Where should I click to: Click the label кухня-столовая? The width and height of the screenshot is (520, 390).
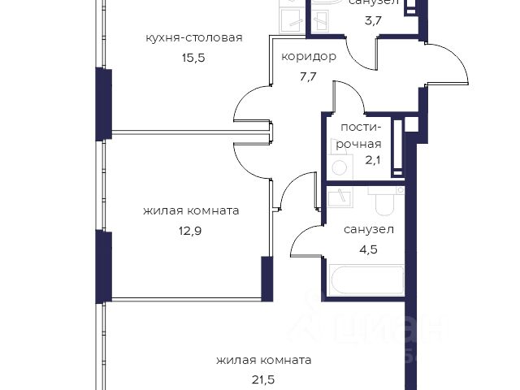194,38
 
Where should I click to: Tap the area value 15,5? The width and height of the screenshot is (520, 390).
193,58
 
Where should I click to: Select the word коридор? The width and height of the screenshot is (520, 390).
309,57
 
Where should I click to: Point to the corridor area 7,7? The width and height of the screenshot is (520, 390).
309,77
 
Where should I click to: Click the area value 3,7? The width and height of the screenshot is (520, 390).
373,20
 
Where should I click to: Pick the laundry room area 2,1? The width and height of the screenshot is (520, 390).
372,161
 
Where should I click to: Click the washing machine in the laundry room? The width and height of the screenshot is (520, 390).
340,167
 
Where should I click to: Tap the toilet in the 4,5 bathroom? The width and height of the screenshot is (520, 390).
384,201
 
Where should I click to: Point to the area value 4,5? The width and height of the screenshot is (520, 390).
368,249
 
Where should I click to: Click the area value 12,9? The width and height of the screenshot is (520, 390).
190,231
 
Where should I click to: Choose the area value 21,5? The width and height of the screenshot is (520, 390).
263,379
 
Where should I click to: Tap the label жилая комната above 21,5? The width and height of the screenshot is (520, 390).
263,360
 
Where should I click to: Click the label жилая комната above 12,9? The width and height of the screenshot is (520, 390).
191,210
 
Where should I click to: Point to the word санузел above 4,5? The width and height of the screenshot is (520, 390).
369,229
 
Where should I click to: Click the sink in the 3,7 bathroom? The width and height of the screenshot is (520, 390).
320,20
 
